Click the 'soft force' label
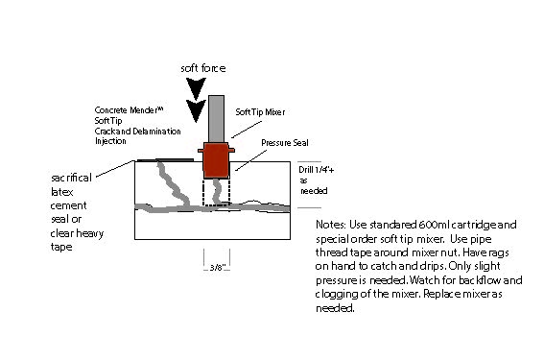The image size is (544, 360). coord(203,68)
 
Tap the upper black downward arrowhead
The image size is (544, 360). coord(196,88)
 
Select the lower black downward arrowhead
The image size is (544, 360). coord(196,110)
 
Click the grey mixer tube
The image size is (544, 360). coord(216,119)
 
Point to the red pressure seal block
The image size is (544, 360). coord(216,160)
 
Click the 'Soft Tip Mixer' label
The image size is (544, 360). coord(260,112)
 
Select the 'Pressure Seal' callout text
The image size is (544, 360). coord(285,143)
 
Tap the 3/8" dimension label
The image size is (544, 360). coord(218,267)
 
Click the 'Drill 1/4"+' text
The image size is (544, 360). coord(317,170)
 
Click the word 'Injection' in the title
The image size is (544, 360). coord(110,141)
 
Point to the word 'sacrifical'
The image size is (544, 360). coord(71,178)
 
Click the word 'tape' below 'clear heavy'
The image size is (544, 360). coord(61,247)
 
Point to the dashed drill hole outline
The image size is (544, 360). coord(216,204)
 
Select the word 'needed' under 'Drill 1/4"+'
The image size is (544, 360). coord(314,191)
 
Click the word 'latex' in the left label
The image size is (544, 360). coord(61,192)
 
